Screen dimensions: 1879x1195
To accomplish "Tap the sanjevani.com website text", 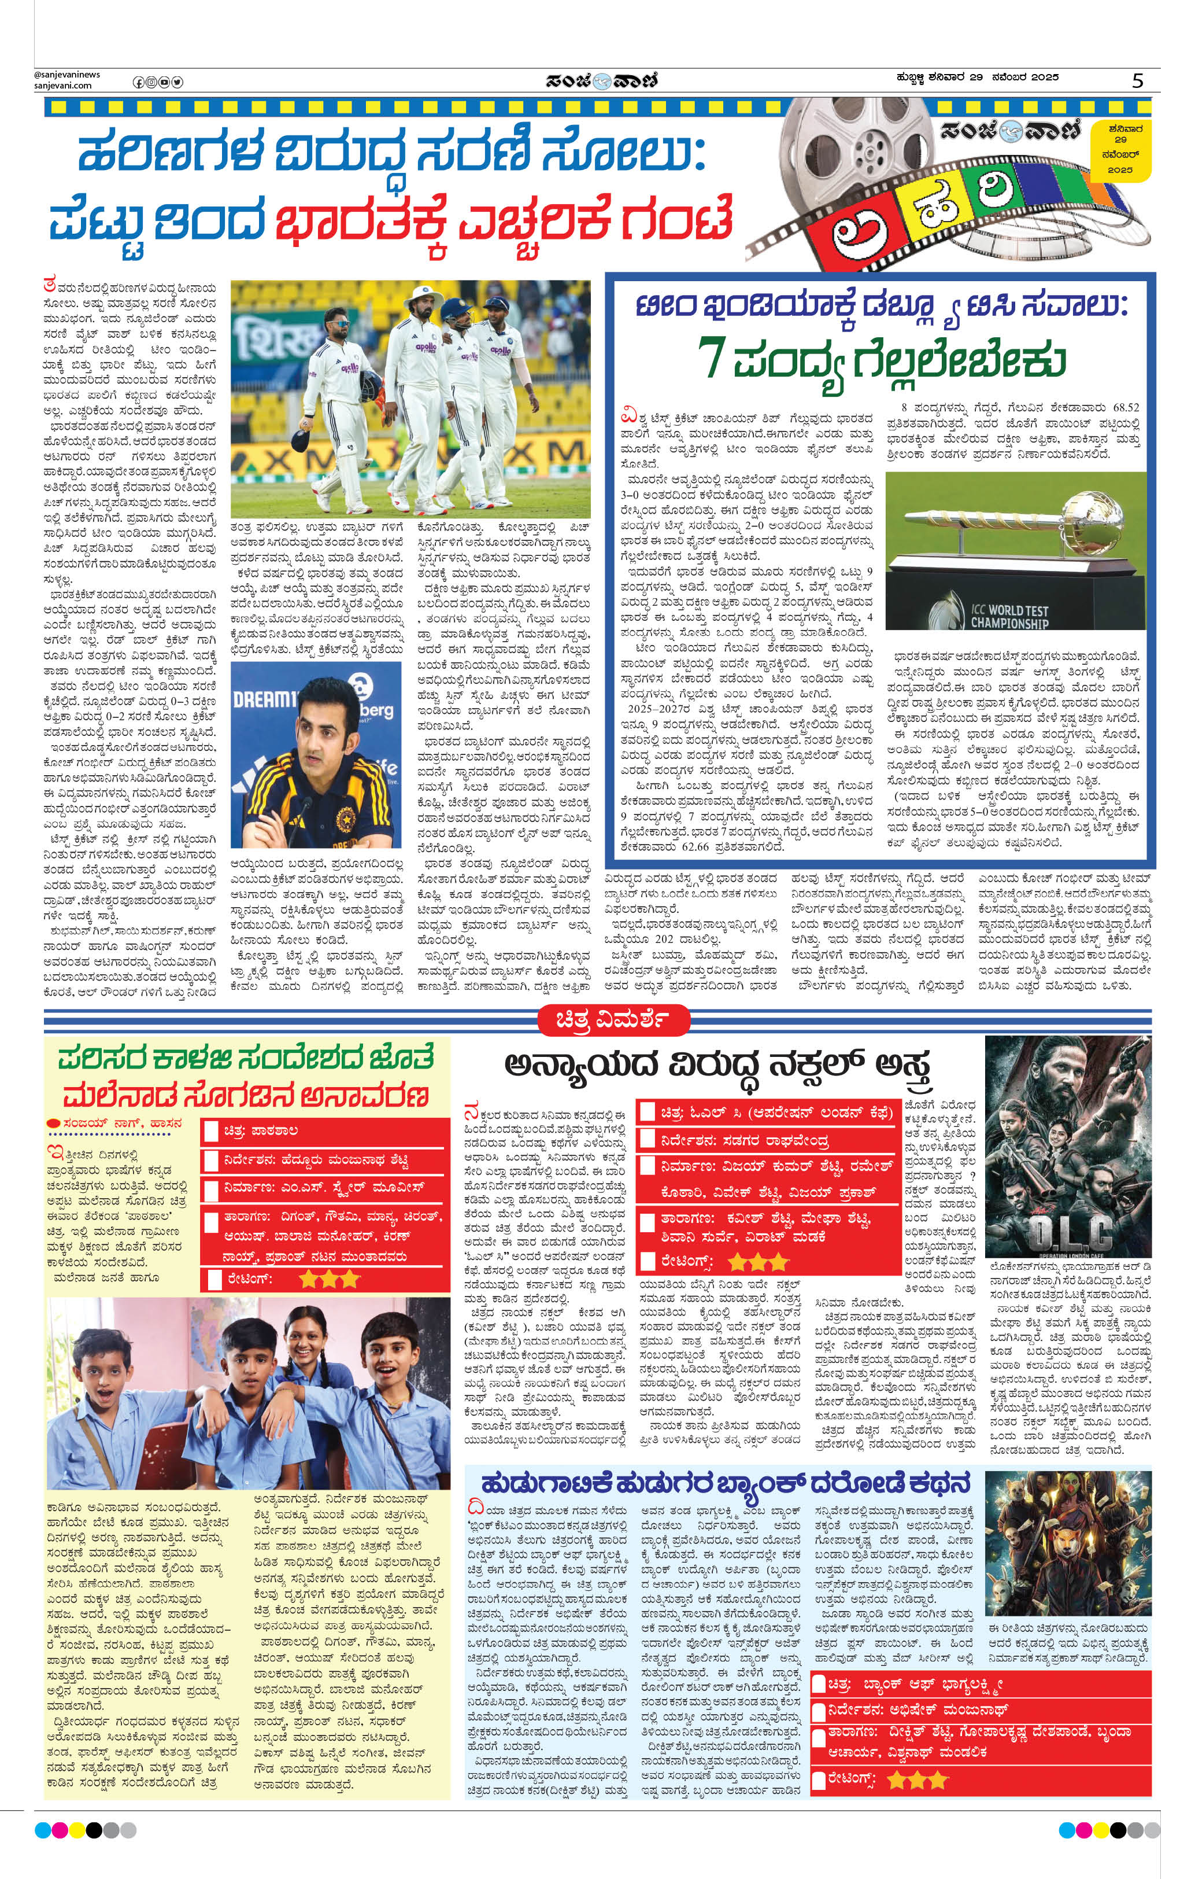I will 62,86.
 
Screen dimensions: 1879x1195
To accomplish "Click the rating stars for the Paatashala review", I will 329,1278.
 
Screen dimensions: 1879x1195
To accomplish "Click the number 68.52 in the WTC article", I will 1125,407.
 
